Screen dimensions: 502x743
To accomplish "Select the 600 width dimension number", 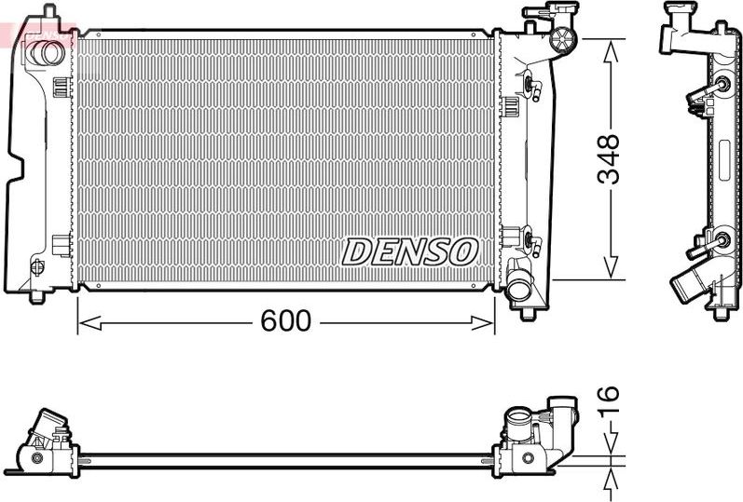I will [x=285, y=321].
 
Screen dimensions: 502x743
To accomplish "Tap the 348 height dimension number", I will [x=608, y=160].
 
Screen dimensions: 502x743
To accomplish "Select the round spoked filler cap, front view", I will [x=563, y=39].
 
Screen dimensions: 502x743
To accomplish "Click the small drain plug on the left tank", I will [x=37, y=267].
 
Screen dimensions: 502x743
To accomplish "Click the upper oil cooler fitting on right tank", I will [x=532, y=88].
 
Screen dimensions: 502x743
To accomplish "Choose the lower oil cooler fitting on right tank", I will [x=532, y=242].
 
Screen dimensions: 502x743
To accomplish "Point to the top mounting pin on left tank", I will [x=49, y=11].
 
